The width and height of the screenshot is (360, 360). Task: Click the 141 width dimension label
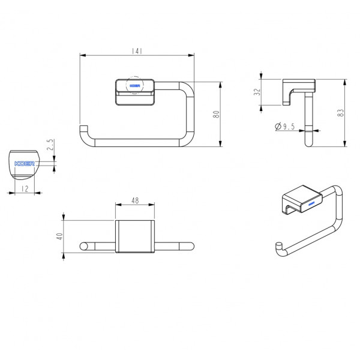coord(137,51)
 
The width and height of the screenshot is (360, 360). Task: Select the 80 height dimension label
coord(216,114)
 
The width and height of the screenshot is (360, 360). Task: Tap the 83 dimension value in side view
coord(341,113)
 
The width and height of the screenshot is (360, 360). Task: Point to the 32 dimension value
coord(257,92)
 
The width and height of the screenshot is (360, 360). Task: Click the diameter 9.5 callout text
coord(284,126)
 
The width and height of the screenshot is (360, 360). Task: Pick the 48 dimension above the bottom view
coord(135,200)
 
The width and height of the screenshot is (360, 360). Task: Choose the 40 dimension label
coord(59,236)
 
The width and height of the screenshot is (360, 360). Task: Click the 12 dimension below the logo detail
coord(25,189)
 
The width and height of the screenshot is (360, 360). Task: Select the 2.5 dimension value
coord(50,145)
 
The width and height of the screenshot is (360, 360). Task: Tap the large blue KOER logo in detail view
coord(25,163)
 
